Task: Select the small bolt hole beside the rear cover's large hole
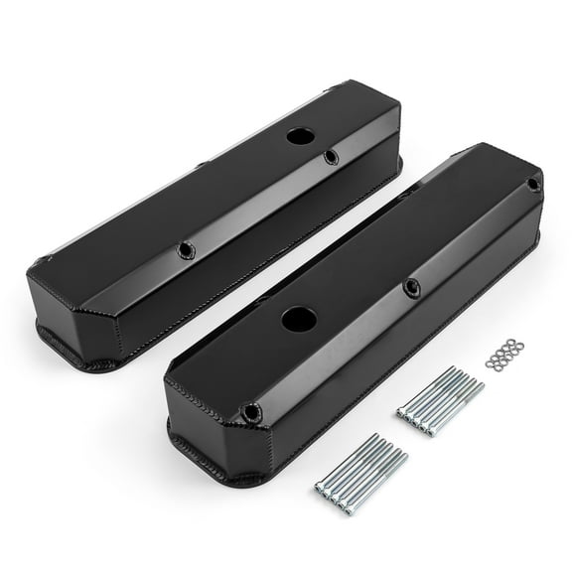[x=331, y=157]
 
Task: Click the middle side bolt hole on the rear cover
[x=185, y=250]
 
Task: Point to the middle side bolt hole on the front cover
[x=410, y=288]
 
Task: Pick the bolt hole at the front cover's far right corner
[x=533, y=185]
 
